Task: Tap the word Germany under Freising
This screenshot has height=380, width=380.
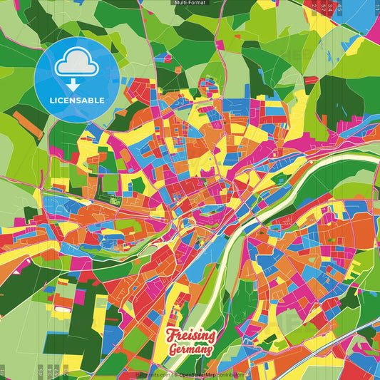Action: [x=190, y=349]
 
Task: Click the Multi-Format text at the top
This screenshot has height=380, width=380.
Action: [x=190, y=3]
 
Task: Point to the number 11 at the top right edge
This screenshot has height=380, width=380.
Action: [x=376, y=8]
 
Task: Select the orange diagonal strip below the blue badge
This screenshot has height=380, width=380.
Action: [x=29, y=125]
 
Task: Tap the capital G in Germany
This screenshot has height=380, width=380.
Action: [x=174, y=349]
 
